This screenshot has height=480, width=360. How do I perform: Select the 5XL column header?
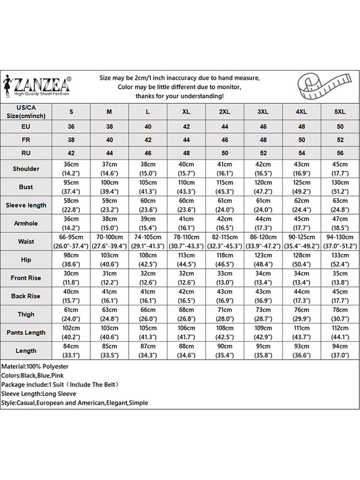coord(340,112)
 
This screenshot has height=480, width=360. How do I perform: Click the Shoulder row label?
coord(26,169)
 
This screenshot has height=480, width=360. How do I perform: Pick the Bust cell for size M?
coord(109,187)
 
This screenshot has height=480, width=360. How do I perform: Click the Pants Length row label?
coord(26,332)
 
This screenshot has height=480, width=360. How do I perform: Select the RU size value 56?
coord(340,152)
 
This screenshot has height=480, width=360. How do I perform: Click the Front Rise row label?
coord(26,278)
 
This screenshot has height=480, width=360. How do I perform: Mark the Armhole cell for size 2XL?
coord(224,223)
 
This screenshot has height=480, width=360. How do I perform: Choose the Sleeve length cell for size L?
coord(148,205)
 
